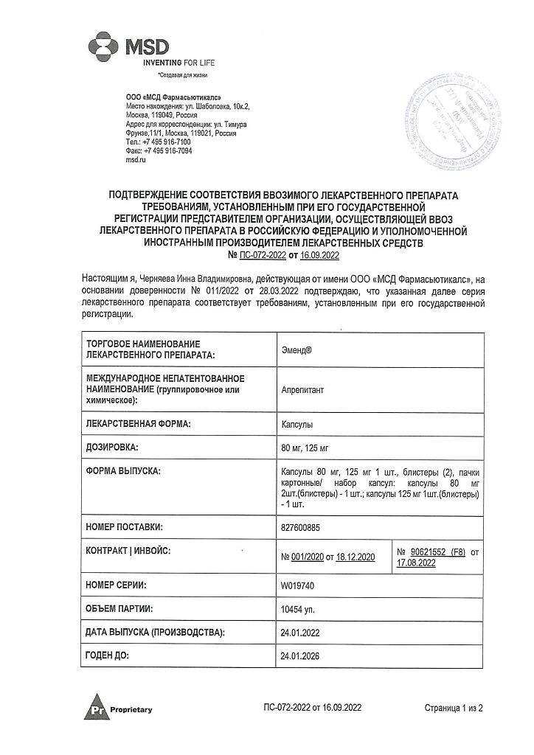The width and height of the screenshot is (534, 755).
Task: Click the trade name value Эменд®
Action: tap(297, 352)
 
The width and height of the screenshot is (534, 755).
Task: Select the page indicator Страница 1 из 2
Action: tap(453, 709)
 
